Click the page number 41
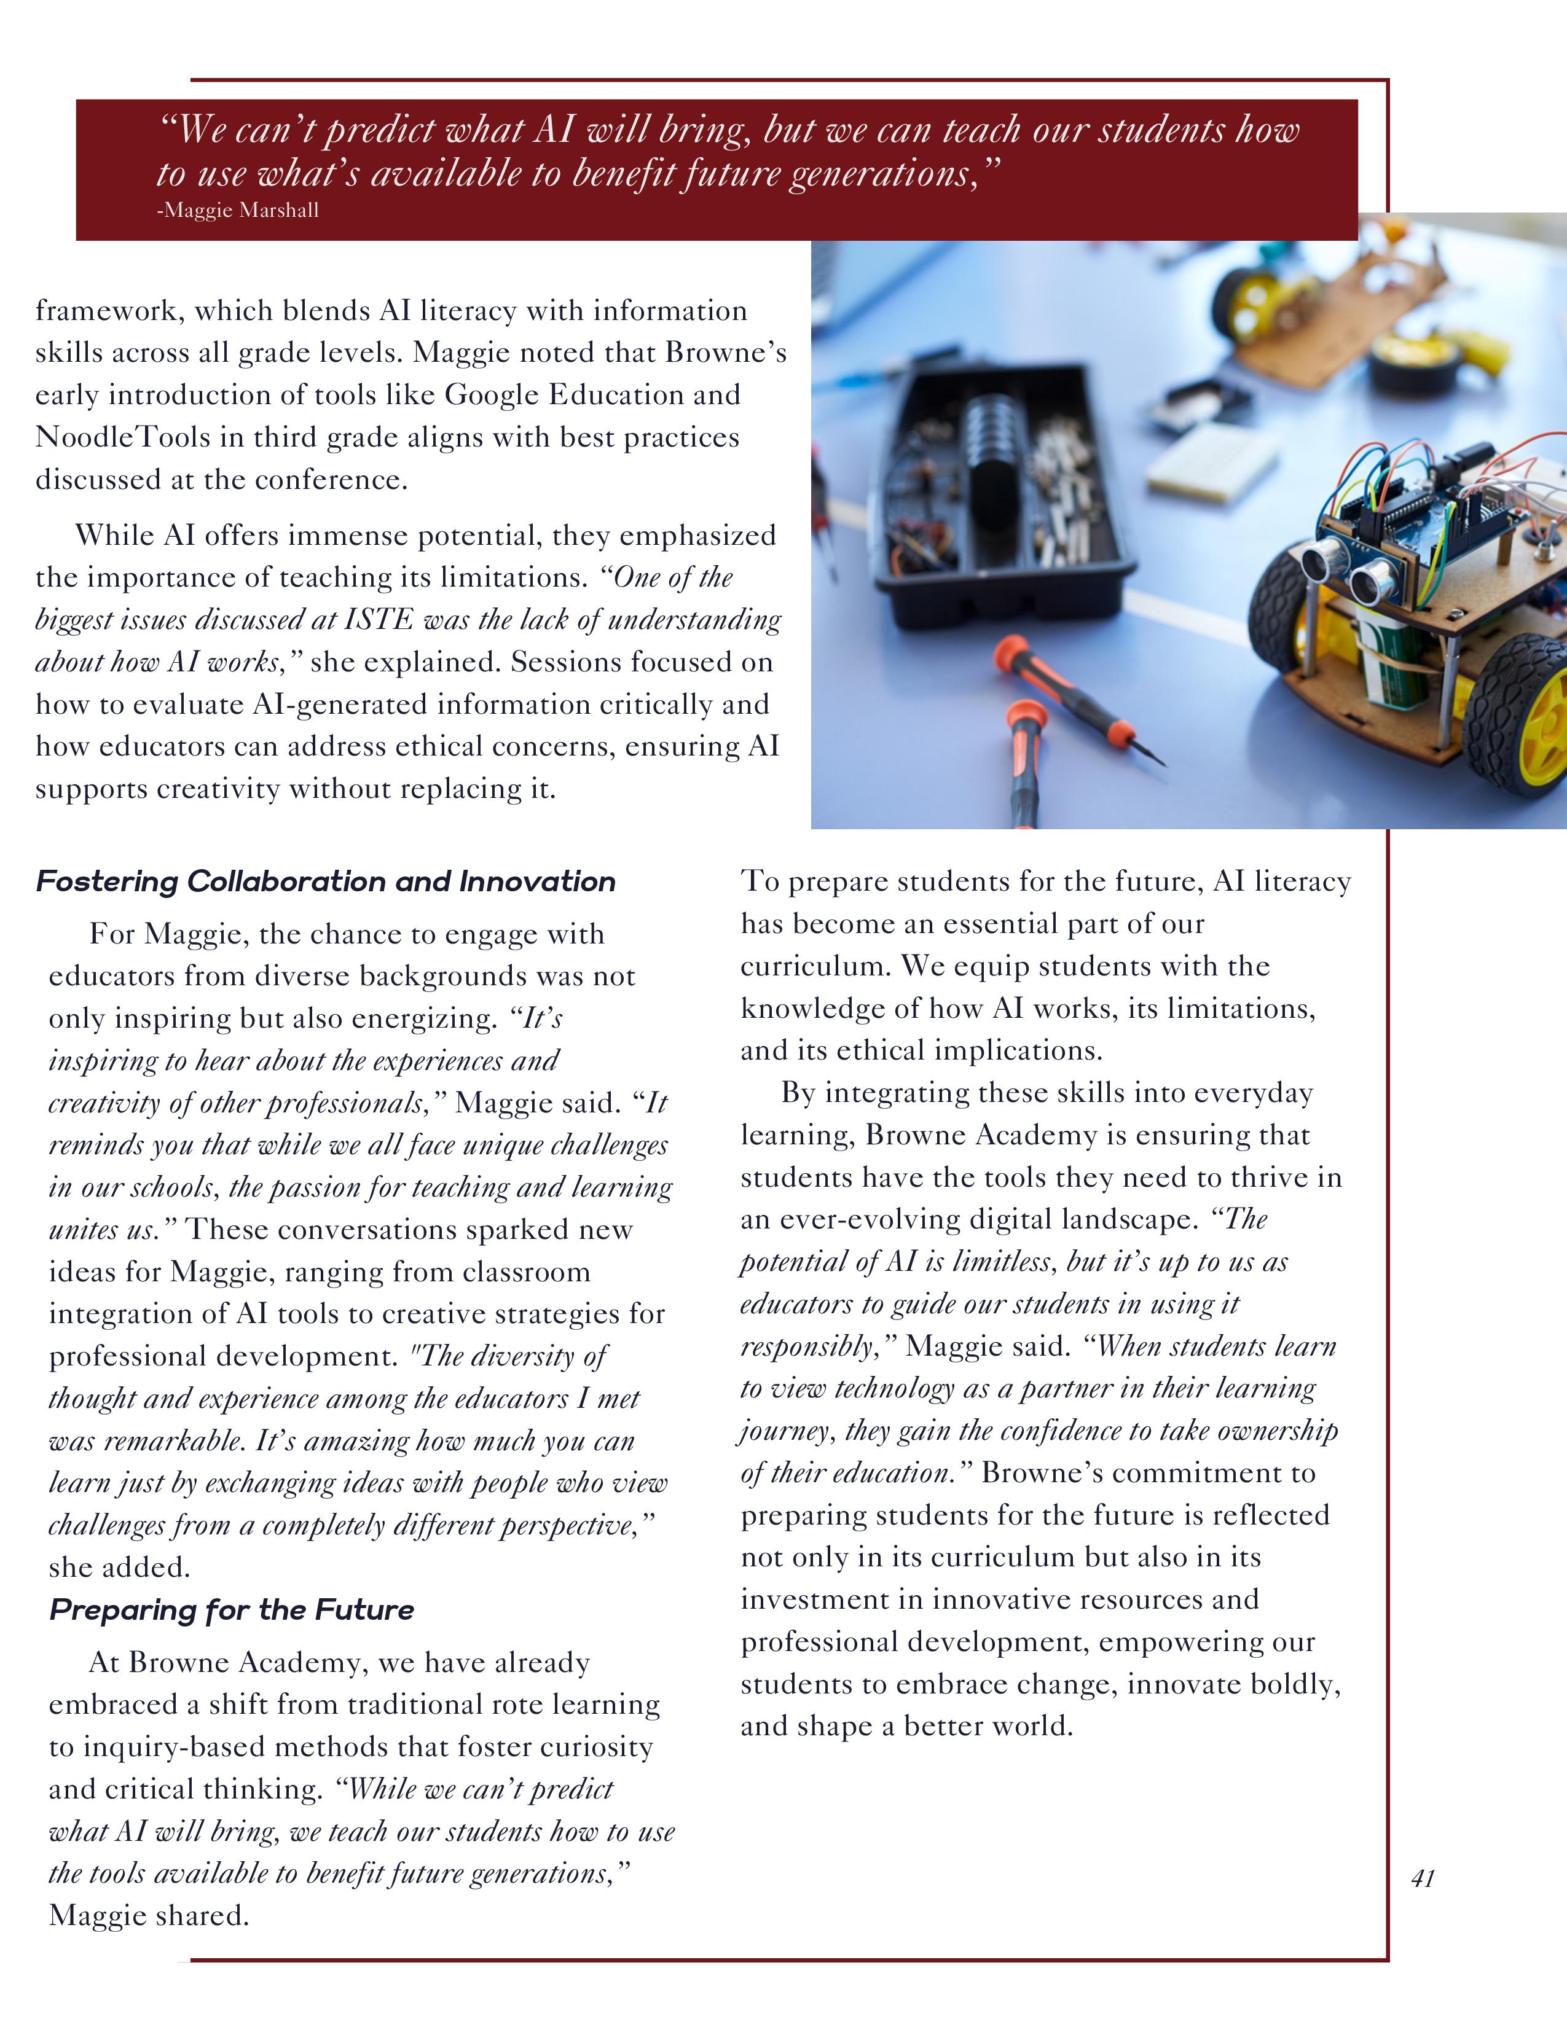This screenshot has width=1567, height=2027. (x=1422, y=1878)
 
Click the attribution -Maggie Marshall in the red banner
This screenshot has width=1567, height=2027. (x=238, y=211)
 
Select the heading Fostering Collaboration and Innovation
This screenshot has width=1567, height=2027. (x=326, y=881)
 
